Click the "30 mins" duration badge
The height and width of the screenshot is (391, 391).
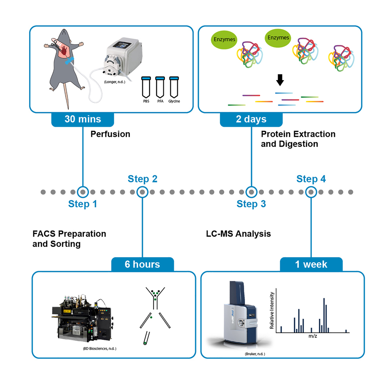tap(82, 119)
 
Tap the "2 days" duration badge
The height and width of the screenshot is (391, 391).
tap(251, 119)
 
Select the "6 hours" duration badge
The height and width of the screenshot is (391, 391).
tap(142, 264)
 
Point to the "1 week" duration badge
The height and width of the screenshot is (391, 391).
tap(311, 264)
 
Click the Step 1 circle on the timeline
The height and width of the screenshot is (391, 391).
tap(82, 192)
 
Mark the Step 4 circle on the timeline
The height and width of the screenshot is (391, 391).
tap(311, 192)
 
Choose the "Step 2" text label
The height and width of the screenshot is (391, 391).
tap(143, 179)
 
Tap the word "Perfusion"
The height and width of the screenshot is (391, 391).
tap(110, 134)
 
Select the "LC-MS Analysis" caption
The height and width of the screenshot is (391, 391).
tap(238, 234)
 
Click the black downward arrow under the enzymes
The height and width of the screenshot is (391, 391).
tap(280, 80)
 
